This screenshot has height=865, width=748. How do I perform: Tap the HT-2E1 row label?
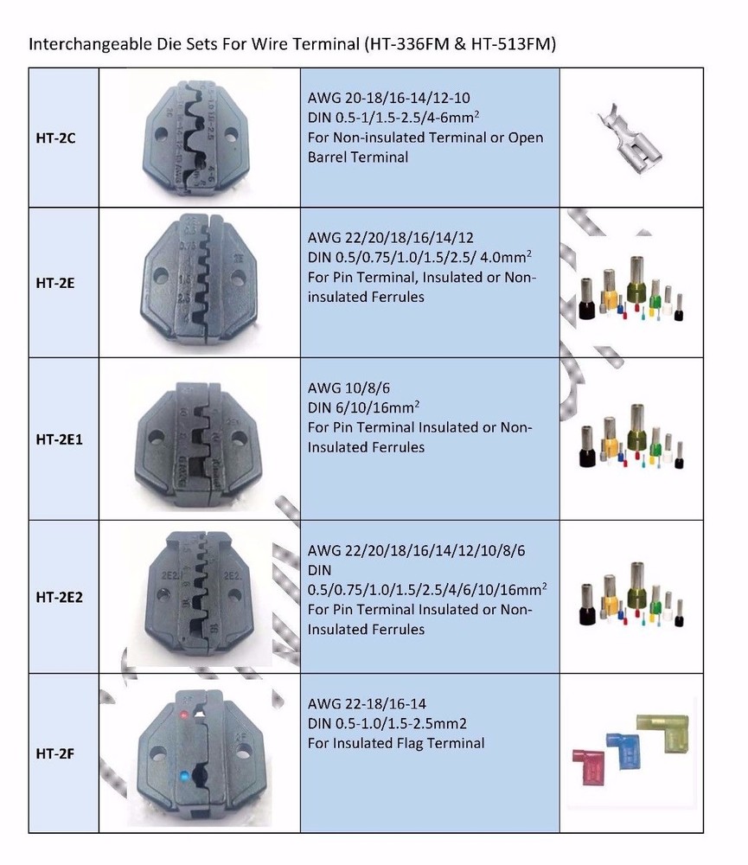[x=61, y=439]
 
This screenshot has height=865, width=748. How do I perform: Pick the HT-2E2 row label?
[x=61, y=596]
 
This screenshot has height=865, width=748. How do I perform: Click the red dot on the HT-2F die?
[x=182, y=715]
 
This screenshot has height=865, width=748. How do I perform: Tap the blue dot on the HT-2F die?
[x=183, y=776]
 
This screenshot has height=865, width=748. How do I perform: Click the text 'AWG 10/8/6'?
[x=343, y=389]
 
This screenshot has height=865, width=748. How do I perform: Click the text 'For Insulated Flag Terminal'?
[x=396, y=743]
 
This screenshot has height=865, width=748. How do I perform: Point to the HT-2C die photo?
[x=201, y=137]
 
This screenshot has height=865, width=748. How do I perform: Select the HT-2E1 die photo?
[x=199, y=439]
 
